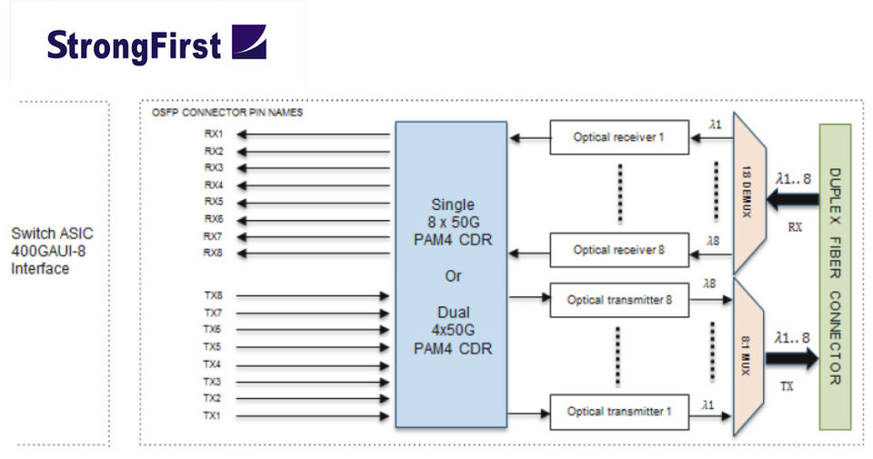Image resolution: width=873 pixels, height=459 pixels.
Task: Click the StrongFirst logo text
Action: pos(134,45)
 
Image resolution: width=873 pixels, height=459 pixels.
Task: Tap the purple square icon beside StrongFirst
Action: pos(249,42)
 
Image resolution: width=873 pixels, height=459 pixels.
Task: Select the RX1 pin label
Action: pos(214,135)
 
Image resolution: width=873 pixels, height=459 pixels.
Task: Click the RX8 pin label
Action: pos(213,253)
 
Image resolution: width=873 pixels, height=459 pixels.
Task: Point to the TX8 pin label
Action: pos(213,295)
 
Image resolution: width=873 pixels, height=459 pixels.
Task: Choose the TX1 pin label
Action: pos(212,415)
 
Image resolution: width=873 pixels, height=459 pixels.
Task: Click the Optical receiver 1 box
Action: pos(619,137)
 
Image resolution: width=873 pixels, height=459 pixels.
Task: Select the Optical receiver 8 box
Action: pos(619,250)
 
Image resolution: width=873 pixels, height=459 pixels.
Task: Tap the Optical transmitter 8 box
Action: pos(619,300)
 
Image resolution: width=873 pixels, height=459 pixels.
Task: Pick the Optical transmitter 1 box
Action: pos(619,412)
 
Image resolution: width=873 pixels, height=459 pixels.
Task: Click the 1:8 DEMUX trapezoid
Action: pos(749,193)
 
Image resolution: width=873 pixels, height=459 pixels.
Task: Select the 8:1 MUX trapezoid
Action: pos(748,356)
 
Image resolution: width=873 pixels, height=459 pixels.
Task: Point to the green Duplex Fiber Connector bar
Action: pos(835,276)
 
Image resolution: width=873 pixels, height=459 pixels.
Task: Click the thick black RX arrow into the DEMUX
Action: pos(793,199)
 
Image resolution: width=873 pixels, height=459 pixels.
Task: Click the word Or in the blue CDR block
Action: pos(453,276)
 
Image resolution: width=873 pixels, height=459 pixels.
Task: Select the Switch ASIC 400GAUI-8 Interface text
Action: pos(52,251)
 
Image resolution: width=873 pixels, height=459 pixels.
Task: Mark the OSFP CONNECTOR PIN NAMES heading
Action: pos(227,113)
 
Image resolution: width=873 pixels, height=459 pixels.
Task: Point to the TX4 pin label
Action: pos(212,364)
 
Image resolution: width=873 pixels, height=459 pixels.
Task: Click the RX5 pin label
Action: pos(214,202)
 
